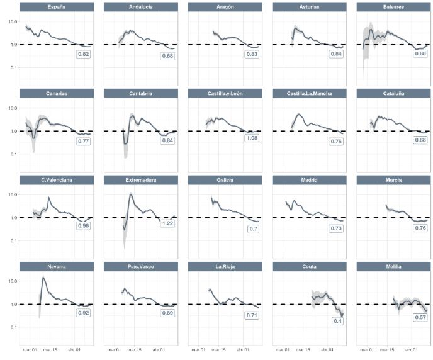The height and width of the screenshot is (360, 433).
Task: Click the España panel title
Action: click(57, 7)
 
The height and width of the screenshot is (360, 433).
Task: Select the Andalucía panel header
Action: click(141, 7)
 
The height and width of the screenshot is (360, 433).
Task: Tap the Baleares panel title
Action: click(393, 7)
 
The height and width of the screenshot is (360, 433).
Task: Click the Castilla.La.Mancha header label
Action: click(309, 93)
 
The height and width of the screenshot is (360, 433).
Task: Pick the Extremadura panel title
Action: click(141, 180)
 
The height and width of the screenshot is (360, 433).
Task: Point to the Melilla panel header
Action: click(393, 267)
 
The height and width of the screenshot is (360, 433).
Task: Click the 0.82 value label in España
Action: click(84, 54)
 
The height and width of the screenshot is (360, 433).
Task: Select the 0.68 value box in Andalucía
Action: click(167, 56)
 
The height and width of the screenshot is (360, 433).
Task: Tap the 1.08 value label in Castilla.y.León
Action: click(252, 138)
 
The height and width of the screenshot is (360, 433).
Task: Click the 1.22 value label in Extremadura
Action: click(167, 223)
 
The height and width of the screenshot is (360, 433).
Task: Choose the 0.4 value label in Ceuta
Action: click(337, 321)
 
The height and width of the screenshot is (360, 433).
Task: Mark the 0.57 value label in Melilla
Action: click(420, 317)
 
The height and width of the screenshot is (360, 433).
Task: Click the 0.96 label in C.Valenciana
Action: click(84, 226)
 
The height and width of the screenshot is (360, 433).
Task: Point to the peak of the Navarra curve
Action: click(43, 277)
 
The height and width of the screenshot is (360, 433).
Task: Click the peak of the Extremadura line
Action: click(131, 195)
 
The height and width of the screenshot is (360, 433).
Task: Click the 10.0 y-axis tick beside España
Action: click(13, 21)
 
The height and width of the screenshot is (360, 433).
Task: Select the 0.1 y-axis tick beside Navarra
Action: click(14, 327)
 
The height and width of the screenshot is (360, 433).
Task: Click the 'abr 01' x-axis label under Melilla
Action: click(412, 350)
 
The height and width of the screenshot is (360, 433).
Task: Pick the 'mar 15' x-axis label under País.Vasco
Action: click(134, 350)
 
